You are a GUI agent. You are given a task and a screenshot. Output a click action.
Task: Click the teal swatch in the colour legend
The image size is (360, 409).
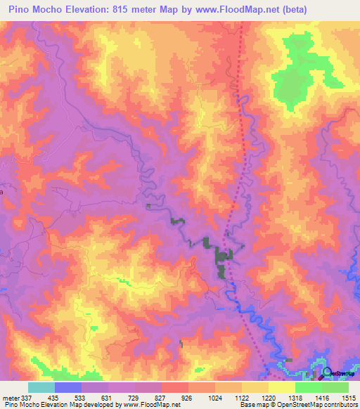click(41, 387)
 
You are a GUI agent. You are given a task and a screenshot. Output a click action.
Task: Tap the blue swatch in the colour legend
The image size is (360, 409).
click(68, 387)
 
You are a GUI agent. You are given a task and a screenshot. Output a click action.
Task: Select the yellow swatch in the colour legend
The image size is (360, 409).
click(281, 387)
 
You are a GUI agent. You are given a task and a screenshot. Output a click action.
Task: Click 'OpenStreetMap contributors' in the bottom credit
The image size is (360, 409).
click(311, 405)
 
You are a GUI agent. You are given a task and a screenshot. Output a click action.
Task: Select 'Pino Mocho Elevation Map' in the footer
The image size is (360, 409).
click(42, 405)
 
